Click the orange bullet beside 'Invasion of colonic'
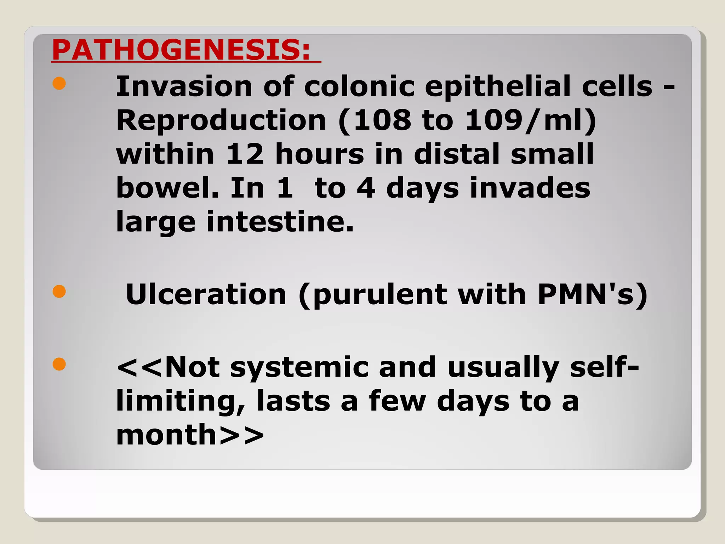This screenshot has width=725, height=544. pyautogui.click(x=59, y=84)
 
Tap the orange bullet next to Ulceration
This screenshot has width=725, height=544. pyautogui.click(x=59, y=291)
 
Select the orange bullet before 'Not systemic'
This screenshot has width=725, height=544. pyautogui.click(x=59, y=364)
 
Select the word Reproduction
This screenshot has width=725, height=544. pyautogui.click(x=221, y=120)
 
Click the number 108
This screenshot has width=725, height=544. pyautogui.click(x=382, y=120)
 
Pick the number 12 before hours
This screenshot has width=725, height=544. pyautogui.click(x=245, y=154)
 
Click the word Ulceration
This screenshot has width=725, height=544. pyautogui.click(x=206, y=294)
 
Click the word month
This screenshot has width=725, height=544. pyautogui.click(x=166, y=435)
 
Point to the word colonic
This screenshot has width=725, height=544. pyautogui.click(x=359, y=87)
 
